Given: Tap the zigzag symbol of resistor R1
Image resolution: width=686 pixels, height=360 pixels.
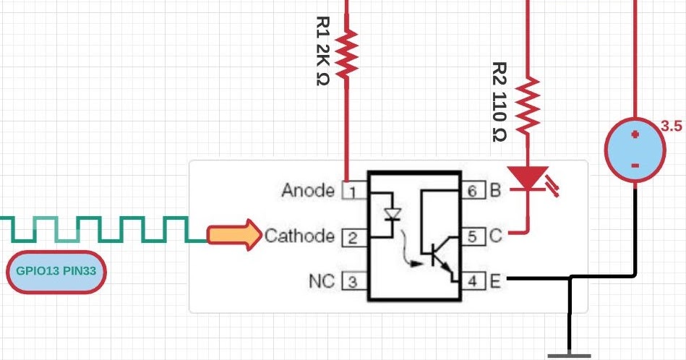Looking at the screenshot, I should coord(347,53).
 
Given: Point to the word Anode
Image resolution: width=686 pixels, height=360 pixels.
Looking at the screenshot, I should coord(308,191).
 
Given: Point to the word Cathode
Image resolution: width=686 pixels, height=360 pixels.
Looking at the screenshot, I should coord(299,236).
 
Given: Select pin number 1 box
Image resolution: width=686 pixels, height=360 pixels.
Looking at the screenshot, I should coord(351,192).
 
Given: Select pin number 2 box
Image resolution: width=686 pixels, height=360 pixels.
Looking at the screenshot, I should coord(351,237).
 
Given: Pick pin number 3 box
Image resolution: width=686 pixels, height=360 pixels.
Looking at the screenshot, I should coord(351,282).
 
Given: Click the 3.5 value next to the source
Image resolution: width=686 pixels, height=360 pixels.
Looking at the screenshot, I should coord(672,127).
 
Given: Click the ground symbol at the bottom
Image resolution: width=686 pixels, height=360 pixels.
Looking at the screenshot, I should coord(570,355).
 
